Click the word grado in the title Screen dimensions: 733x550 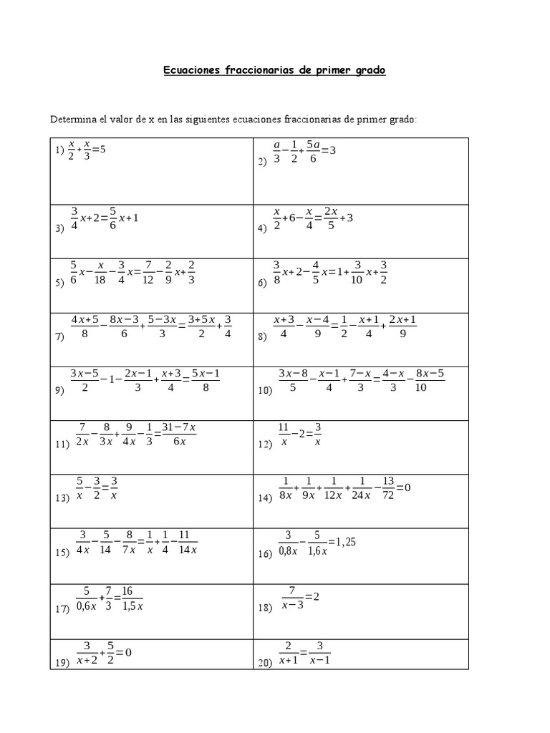[x=367, y=72]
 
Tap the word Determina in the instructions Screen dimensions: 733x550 [x=73, y=119]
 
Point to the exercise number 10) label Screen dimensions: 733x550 [x=265, y=391]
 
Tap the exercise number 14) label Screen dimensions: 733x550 [x=265, y=497]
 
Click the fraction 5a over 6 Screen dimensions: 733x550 [x=312, y=152]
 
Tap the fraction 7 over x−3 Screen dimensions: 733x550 [x=292, y=598]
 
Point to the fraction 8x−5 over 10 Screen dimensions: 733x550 [x=430, y=379]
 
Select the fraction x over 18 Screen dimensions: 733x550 [x=101, y=273]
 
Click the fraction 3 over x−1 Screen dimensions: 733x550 [x=320, y=652]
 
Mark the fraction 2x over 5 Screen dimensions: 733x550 [x=330, y=218]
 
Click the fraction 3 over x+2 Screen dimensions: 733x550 [x=85, y=653]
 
